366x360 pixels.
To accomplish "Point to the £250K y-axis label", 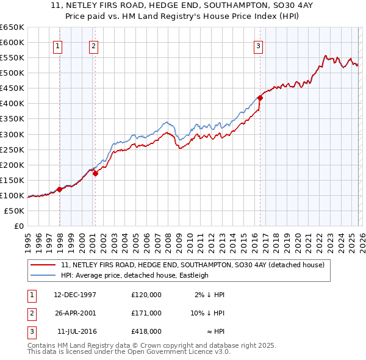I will point(12,149).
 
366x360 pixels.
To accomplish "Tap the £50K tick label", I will point(14,211).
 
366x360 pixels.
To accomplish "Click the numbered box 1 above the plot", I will point(58,45).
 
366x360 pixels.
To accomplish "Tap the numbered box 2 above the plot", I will point(93,45).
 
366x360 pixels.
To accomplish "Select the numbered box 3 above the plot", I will point(258,45).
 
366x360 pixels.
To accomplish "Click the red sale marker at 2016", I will point(260,98).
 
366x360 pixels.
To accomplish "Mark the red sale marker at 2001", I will point(96,173).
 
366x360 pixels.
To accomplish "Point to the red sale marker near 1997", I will point(60,189).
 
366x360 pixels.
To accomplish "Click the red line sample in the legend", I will point(44,265).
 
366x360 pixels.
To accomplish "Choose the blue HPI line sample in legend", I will point(44,275).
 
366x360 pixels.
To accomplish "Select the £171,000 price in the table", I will point(146,313).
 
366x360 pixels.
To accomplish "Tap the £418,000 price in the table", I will point(146,331).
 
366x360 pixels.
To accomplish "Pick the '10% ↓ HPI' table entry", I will point(207,313).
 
